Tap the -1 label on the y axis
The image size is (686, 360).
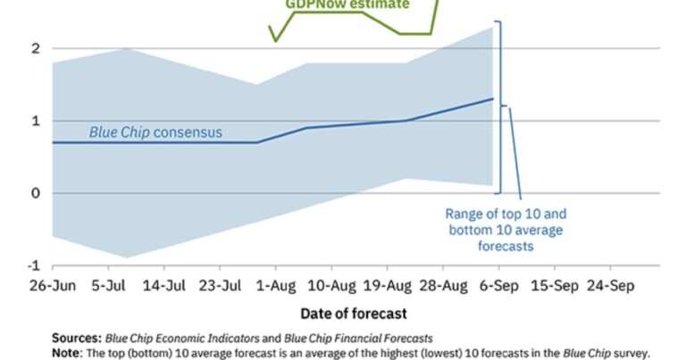(35, 265)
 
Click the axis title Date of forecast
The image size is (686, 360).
(356, 314)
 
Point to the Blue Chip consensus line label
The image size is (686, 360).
(155, 133)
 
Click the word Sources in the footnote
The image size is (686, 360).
(76, 338)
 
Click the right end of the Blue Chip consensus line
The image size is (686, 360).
(493, 99)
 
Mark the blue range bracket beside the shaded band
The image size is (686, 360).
(500, 107)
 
